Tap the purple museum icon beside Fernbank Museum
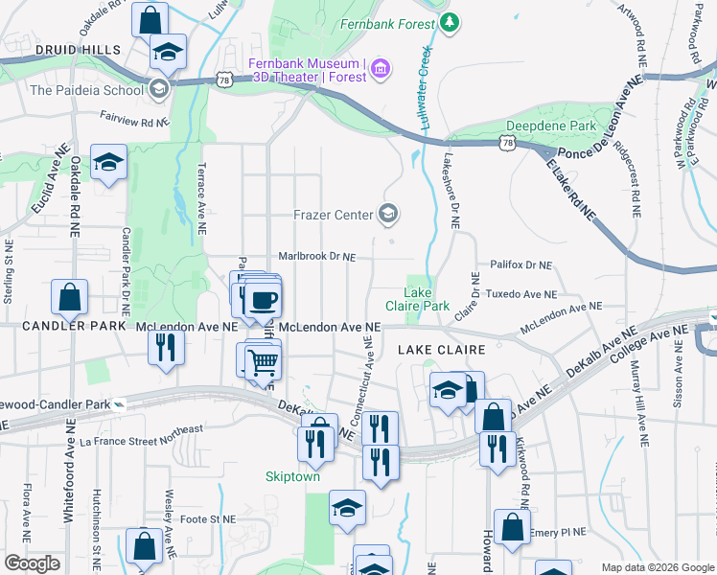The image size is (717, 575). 382,67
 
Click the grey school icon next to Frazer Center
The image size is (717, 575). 389,213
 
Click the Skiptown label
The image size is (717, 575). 292,476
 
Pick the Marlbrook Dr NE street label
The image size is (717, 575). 316,257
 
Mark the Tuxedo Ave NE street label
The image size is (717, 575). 520,294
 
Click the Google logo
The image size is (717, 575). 32,563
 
